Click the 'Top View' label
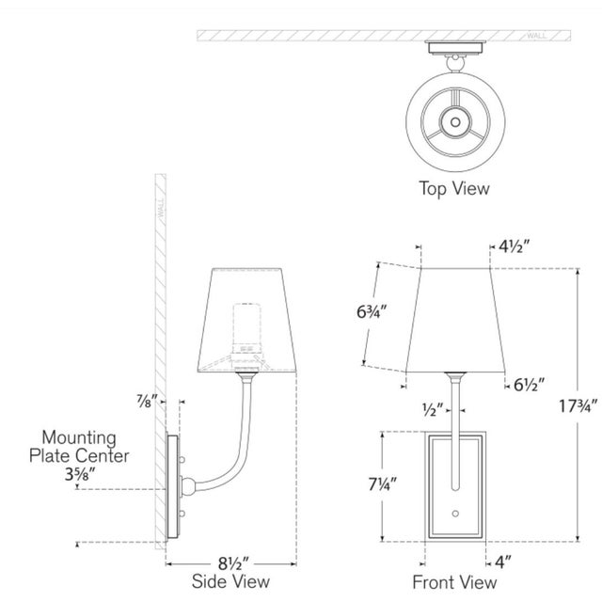point(454,188)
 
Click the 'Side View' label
point(232,582)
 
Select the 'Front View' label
point(454,582)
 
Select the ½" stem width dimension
point(432,411)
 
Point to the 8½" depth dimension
point(231,562)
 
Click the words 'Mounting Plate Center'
point(79,447)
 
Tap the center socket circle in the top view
point(454,121)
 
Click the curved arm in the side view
point(226,451)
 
